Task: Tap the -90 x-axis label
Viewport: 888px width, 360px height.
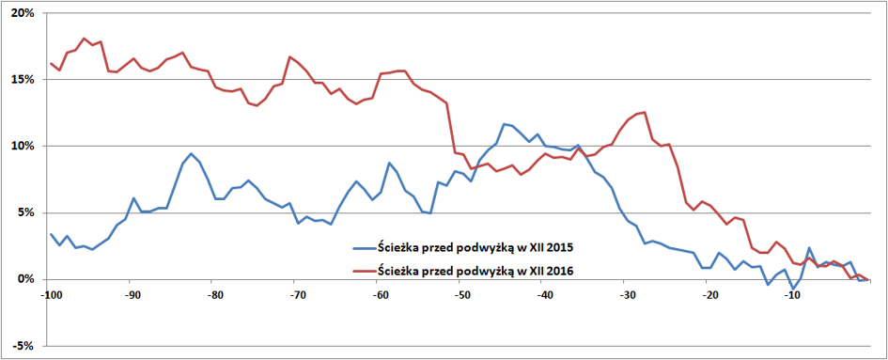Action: [x=130, y=295]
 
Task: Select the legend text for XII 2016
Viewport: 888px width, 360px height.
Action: [x=476, y=273]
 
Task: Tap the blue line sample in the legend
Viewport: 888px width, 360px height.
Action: [x=363, y=248]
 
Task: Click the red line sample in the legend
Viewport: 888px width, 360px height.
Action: [x=363, y=273]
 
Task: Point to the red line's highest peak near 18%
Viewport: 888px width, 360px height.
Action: [x=84, y=39]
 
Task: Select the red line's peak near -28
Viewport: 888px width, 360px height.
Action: [x=645, y=112]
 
